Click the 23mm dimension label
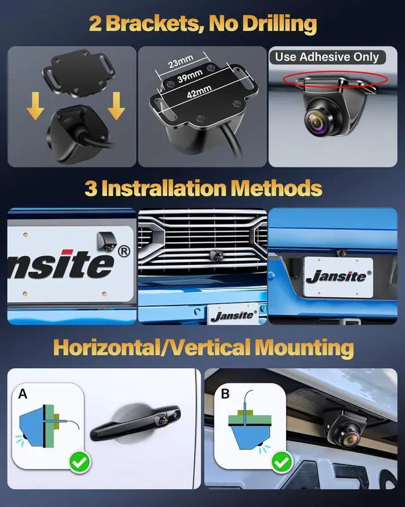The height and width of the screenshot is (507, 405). click(182, 64)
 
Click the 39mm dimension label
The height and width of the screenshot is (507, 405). click(190, 78)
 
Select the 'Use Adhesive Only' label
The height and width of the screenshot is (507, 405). click(327, 57)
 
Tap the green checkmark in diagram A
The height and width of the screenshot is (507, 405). click(79, 462)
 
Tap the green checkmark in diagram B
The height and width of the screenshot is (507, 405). click(281, 463)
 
